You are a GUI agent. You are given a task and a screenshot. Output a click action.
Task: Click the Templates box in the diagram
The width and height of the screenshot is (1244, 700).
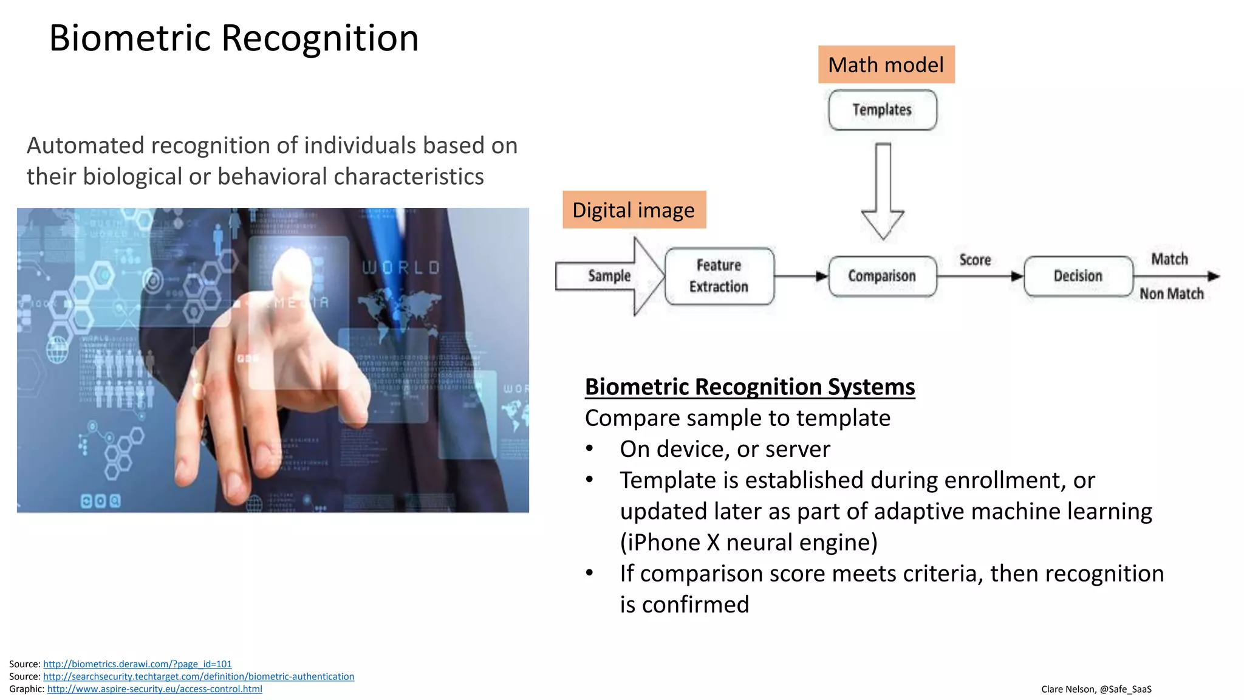882,110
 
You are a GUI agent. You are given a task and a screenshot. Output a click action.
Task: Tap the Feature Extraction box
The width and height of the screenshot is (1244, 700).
719,276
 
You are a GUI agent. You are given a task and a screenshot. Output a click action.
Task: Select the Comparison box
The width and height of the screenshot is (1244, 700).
882,276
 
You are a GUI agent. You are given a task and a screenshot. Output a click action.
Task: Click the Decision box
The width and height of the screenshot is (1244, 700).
1078,276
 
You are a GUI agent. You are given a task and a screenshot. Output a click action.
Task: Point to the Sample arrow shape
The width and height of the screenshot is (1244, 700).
609,276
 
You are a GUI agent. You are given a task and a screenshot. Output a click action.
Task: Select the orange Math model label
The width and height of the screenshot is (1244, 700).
886,64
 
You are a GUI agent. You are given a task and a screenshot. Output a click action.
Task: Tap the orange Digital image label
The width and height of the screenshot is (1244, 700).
634,210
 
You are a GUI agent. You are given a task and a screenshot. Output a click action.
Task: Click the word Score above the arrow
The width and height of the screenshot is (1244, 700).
975,260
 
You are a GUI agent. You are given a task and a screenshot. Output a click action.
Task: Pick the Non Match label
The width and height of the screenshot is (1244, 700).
1171,294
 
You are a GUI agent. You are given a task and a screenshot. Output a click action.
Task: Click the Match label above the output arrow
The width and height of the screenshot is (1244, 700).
1169,259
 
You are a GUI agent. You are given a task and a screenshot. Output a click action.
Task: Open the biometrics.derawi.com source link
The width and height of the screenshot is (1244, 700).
137,664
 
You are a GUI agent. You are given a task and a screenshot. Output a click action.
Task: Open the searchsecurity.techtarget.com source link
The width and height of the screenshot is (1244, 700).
198,676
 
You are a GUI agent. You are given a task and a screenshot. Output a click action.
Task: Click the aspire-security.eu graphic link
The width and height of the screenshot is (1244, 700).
154,689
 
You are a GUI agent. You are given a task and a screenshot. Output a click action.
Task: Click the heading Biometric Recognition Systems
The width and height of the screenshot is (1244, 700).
749,387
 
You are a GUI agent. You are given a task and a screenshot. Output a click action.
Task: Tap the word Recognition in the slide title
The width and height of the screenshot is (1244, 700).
320,38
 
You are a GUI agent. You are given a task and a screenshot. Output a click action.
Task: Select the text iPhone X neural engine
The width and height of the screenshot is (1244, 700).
748,542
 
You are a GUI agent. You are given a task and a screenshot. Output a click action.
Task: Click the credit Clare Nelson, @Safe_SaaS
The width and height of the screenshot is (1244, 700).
1096,689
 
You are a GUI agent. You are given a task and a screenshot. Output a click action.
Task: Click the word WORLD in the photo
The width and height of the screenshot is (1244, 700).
401,268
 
